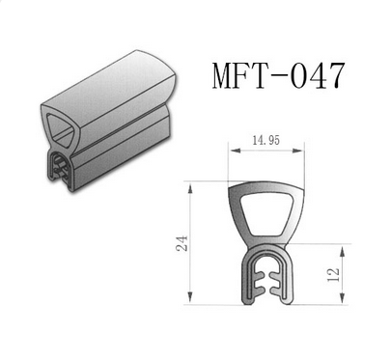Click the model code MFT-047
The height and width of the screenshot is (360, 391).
coord(278,75)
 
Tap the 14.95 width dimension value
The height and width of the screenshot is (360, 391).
coord(265,140)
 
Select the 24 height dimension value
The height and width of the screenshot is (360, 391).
coord(182,243)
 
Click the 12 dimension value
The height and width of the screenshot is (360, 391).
coord(333,274)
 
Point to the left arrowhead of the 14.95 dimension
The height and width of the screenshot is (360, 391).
coord(236,151)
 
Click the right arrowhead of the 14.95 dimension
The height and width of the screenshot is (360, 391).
coord(297,151)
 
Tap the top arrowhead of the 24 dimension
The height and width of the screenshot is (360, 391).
coord(190,188)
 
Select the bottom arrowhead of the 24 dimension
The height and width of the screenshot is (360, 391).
coord(190,297)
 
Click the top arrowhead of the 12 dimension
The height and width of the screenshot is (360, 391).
coord(343,251)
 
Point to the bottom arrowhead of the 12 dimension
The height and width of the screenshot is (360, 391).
coord(343,297)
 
